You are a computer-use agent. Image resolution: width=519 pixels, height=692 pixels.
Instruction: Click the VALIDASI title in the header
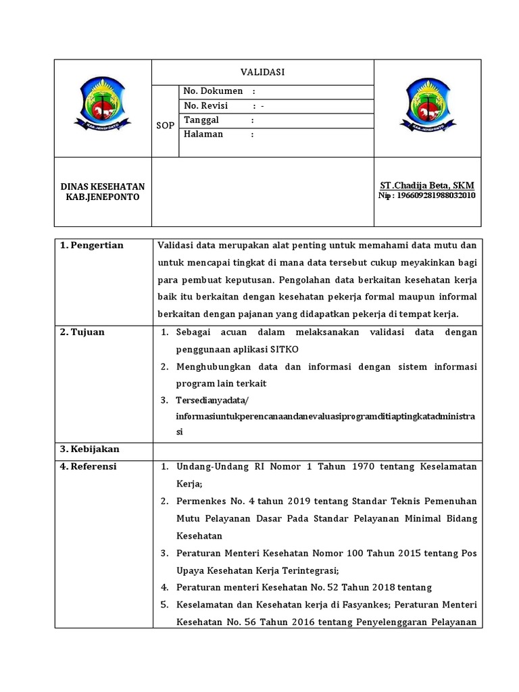[262, 72]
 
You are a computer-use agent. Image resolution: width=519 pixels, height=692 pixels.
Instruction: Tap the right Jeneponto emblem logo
[427, 105]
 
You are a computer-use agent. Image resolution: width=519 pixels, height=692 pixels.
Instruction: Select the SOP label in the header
[165, 126]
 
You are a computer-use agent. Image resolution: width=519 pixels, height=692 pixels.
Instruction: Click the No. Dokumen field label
[213, 91]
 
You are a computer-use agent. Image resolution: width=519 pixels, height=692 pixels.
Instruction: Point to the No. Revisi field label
[206, 105]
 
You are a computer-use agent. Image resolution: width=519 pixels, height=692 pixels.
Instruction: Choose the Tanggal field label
[202, 120]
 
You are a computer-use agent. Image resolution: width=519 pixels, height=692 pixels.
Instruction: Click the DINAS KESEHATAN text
[103, 186]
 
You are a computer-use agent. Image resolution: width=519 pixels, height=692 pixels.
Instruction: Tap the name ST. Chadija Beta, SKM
[427, 185]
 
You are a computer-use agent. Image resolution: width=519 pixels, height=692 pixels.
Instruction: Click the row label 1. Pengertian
[92, 245]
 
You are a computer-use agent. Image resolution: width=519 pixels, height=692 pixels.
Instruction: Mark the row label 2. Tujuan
[82, 332]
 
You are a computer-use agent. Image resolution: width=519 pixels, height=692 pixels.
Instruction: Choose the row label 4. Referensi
[89, 466]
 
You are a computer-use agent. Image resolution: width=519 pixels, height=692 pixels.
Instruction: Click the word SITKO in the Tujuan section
[285, 349]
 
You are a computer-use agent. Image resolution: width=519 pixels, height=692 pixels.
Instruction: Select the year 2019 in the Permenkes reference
[283, 501]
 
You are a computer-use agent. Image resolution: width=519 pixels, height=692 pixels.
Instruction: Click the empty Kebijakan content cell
[316, 450]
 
